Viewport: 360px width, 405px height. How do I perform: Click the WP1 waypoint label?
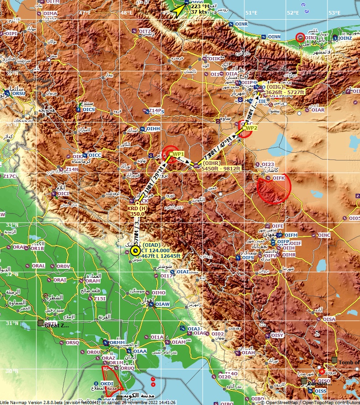coord(178,154)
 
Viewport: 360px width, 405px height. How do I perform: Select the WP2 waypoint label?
coord(252,128)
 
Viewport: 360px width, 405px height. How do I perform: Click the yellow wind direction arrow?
coord(177,10)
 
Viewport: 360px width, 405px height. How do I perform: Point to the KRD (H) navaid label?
coord(138,208)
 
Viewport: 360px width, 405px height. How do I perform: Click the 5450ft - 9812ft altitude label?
coord(221,168)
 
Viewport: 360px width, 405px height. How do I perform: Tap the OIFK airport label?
coord(279,178)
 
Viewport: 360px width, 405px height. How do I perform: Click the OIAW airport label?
coord(163,304)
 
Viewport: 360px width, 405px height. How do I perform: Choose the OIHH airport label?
coord(153,129)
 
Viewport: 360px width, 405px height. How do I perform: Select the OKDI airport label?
coord(106,383)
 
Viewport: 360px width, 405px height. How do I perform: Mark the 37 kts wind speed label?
coord(199,11)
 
